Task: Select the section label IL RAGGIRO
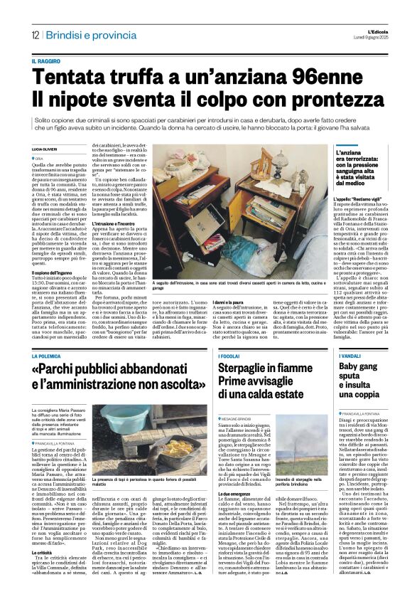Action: click(x=48, y=63)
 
